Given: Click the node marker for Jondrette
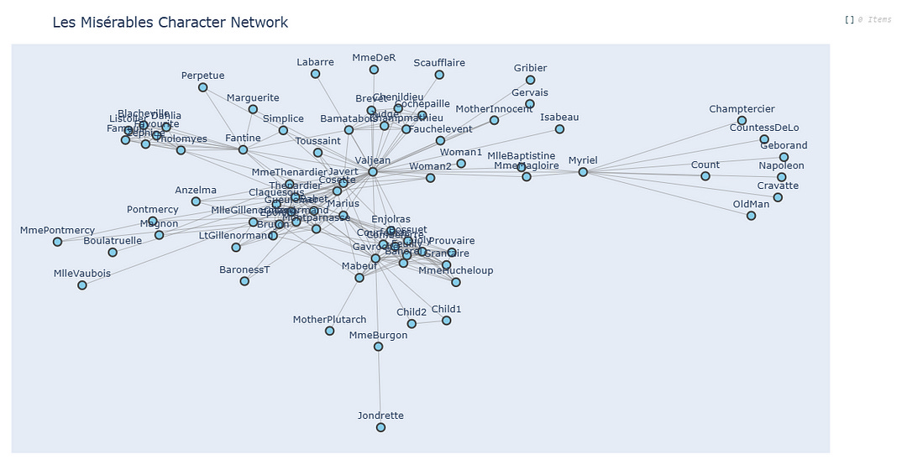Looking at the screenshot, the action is click(380, 427).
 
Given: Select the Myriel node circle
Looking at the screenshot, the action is click(583, 172).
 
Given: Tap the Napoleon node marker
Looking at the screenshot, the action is click(782, 177).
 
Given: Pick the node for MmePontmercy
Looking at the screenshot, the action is click(57, 242).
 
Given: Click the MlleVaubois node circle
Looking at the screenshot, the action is click(82, 285).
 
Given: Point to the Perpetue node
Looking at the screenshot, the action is click(202, 87).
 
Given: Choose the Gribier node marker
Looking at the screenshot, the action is click(530, 81).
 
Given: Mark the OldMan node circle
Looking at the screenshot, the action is click(751, 216).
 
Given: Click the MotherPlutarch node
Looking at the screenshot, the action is click(329, 331).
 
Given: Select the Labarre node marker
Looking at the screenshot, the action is click(315, 74).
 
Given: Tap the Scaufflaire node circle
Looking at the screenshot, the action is click(439, 75).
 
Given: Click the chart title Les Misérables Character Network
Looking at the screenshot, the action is click(170, 23).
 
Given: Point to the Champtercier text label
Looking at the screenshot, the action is click(742, 109).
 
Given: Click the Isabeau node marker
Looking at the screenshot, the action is click(559, 129).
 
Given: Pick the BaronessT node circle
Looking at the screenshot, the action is click(244, 281).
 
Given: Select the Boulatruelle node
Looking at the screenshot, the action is click(113, 252).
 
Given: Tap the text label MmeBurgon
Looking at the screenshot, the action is click(378, 335).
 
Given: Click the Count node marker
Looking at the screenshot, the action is click(705, 176).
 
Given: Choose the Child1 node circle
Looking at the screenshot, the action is click(446, 321).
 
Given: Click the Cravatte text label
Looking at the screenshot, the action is click(778, 185).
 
